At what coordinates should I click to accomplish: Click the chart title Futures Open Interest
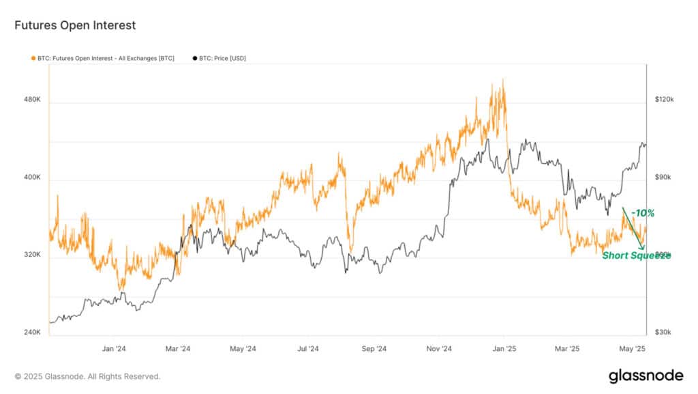click(75, 25)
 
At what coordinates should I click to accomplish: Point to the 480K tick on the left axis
click(33, 100)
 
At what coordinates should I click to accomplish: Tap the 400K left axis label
click(33, 178)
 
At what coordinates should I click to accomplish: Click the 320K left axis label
click(33, 255)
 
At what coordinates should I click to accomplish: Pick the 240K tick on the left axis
click(33, 333)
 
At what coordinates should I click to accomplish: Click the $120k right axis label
click(664, 100)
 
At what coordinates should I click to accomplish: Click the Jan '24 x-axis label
click(114, 349)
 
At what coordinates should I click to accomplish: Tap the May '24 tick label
click(243, 349)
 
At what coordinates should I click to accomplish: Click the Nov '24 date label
click(438, 349)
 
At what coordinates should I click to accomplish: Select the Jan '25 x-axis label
click(504, 349)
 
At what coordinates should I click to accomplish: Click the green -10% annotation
click(643, 214)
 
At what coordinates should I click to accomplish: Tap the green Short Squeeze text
click(636, 255)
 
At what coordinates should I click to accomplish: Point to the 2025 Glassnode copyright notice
click(87, 376)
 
